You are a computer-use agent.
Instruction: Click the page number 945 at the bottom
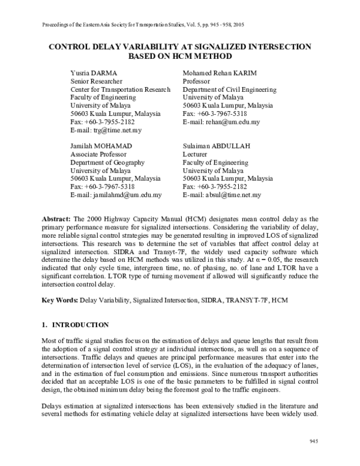pyautogui.click(x=313, y=441)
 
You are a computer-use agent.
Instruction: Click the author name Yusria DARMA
pyautogui.click(x=93, y=73)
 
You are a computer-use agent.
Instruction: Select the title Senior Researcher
pyautogui.click(x=97, y=81)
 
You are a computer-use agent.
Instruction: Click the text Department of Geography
pyautogui.click(x=107, y=163)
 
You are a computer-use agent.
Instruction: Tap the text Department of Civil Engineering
pyautogui.click(x=229, y=89)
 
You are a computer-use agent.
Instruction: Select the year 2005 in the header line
pyautogui.click(x=236, y=24)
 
